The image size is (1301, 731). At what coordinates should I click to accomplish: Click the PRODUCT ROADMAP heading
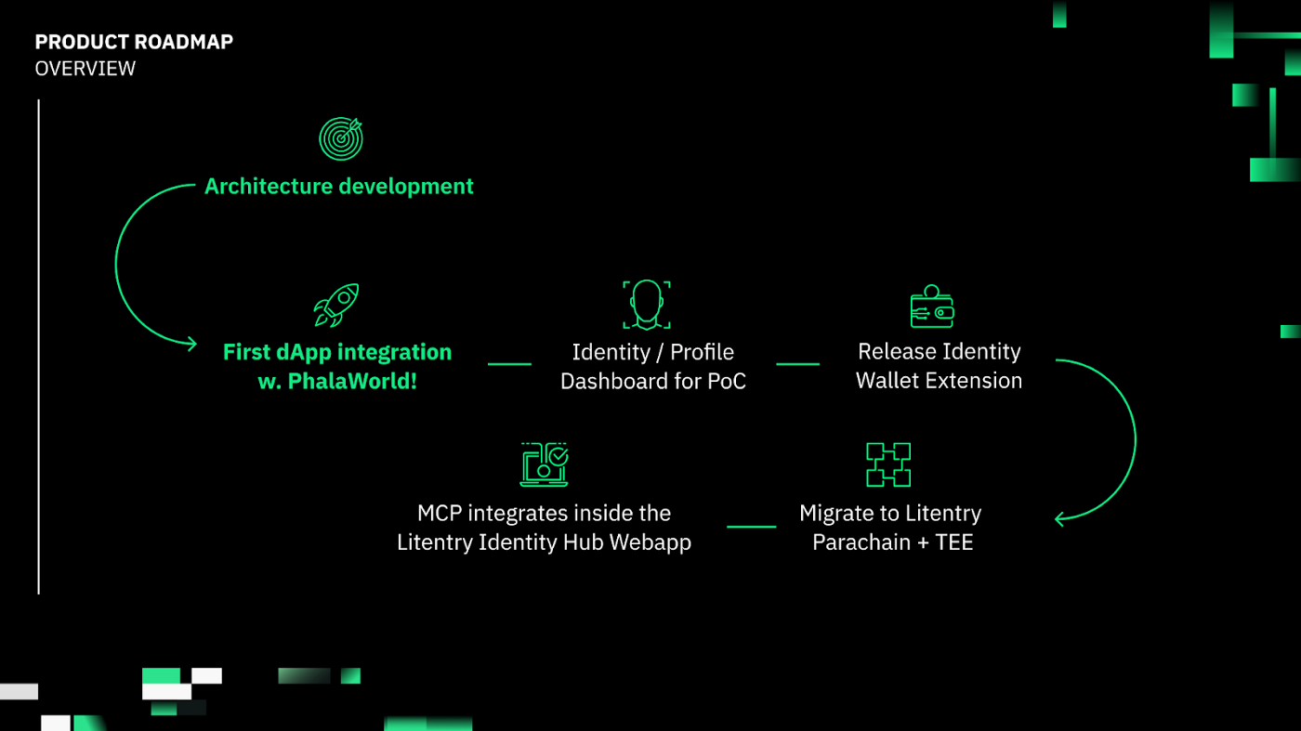134,42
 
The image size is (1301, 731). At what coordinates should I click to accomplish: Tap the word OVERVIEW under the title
85,69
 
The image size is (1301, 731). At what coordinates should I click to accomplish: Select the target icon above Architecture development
341,138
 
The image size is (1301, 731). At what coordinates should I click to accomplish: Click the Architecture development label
338,187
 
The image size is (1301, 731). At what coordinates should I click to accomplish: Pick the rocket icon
336,305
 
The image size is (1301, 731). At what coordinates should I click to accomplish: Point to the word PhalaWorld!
352,381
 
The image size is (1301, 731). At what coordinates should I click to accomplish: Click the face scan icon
647,305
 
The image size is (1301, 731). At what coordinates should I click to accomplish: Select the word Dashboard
614,381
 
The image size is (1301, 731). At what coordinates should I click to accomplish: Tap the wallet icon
931,306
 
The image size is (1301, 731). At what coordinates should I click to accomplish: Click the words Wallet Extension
939,380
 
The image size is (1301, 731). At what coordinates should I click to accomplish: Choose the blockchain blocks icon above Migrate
888,464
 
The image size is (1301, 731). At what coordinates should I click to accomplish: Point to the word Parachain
861,542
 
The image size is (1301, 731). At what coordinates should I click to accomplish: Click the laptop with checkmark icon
545,464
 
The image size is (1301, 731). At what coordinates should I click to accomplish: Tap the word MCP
439,514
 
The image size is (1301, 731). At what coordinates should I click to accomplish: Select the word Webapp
650,542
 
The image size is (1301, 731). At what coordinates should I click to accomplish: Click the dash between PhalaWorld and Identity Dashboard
509,364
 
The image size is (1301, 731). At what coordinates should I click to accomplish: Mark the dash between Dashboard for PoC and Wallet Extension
798,364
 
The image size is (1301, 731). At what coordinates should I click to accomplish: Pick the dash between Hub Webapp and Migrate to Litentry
752,527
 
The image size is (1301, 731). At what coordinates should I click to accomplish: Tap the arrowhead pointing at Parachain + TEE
1058,519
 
